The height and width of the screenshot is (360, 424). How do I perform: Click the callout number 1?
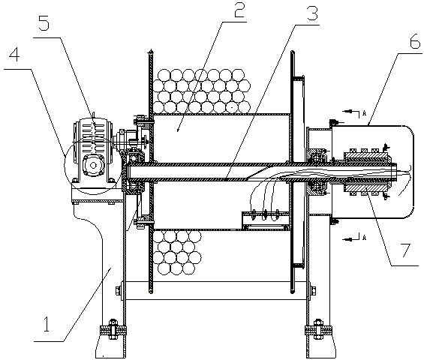(47, 325)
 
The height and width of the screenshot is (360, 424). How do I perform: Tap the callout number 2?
(239, 10)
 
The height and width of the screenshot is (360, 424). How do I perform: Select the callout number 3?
(311, 13)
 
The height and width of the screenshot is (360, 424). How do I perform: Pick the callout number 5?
(44, 22)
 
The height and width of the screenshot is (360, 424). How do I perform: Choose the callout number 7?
(405, 250)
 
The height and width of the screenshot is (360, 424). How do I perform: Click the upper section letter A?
(364, 113)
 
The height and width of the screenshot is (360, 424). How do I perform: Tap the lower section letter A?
(364, 238)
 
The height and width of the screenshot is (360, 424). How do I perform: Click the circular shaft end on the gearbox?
(93, 165)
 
